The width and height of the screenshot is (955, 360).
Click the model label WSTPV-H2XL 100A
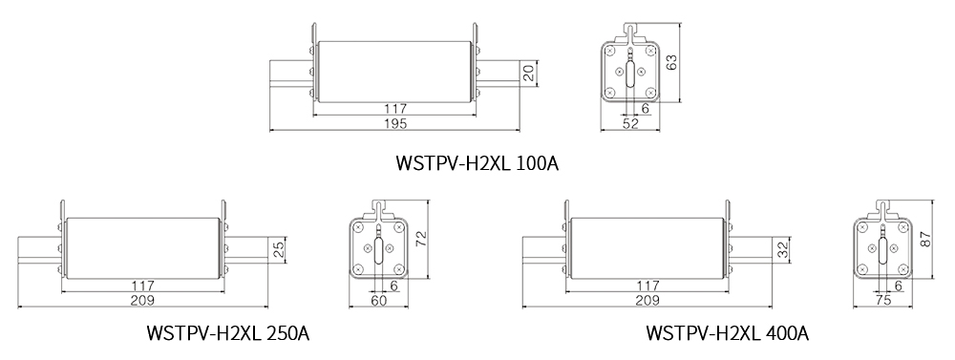pos(477,163)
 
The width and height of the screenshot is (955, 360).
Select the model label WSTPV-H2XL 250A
pos(228,333)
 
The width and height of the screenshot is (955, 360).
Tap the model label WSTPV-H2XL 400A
pos(727,333)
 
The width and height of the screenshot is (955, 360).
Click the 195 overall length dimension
pos(395,123)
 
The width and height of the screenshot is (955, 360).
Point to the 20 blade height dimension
pos(529,74)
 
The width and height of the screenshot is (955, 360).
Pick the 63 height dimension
pos(671,63)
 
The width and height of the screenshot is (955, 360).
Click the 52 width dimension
pos(630,123)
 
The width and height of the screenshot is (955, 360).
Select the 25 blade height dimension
pos(278,249)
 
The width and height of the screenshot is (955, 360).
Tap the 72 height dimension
pos(421,239)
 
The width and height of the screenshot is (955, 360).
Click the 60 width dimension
pos(379,300)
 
